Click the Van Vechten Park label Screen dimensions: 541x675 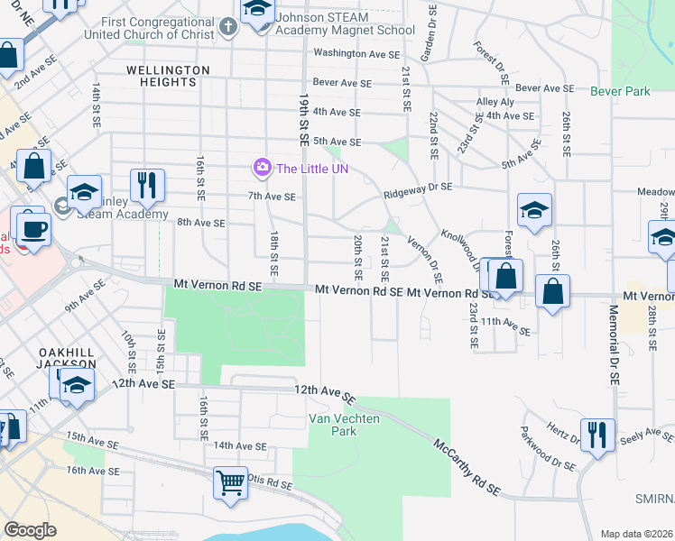pos(332,424)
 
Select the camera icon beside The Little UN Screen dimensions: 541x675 pos(263,168)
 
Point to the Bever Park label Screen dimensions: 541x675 pos(620,92)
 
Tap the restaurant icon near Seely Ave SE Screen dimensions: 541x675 pos(596,434)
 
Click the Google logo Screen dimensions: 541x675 pos(30,530)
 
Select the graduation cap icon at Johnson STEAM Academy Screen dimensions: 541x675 pos(258,11)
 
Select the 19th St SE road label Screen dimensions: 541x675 pos(303,115)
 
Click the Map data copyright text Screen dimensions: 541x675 pos(636,534)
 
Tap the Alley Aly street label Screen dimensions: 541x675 pos(495,102)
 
